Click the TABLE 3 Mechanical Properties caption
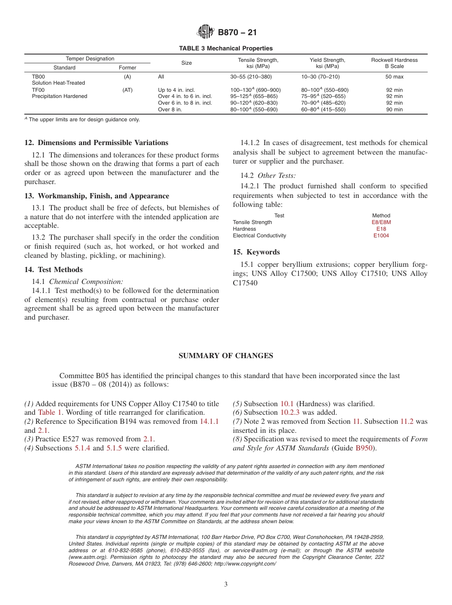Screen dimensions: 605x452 (226, 49)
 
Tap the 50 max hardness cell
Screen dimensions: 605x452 (394, 77)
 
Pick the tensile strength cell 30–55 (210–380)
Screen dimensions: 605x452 (251, 77)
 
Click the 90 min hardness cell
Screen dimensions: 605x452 (394, 110)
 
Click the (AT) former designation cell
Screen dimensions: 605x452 (127, 90)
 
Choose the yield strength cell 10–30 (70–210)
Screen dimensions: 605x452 (320, 77)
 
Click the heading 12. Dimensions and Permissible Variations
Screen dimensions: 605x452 (96, 143)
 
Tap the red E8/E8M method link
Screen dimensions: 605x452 (381, 222)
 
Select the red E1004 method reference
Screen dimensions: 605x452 (381, 235)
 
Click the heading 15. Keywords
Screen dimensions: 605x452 (256, 252)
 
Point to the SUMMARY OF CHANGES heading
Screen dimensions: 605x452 (226, 356)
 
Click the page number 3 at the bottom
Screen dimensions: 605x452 (226, 585)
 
